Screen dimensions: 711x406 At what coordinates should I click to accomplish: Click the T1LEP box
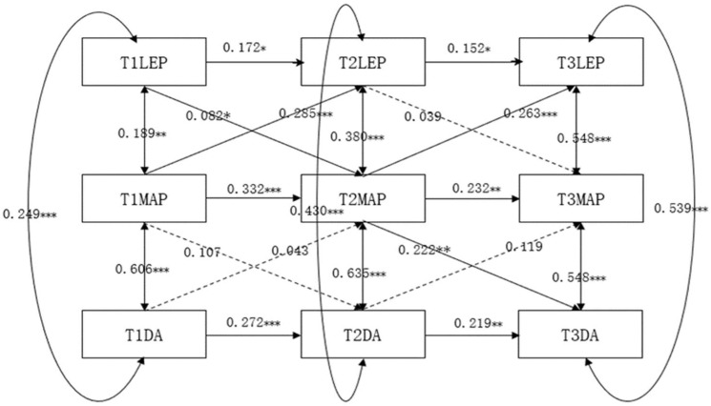pyautogui.click(x=144, y=62)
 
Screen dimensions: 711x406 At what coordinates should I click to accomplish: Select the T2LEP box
pyautogui.click(x=364, y=62)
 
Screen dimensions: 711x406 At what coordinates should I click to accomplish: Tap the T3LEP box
pyautogui.click(x=581, y=62)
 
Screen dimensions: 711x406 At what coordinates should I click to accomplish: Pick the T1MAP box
pyautogui.click(x=144, y=198)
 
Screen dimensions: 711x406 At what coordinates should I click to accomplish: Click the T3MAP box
pyautogui.click(x=581, y=198)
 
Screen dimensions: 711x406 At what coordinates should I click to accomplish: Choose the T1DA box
pyautogui.click(x=144, y=334)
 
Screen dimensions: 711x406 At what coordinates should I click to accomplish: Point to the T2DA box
pyautogui.click(x=364, y=334)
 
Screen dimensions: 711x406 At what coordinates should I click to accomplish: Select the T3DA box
pyautogui.click(x=580, y=334)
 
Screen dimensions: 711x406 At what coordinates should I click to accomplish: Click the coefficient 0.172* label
pyautogui.click(x=244, y=48)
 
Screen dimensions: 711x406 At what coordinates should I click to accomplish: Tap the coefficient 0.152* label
pyautogui.click(x=469, y=48)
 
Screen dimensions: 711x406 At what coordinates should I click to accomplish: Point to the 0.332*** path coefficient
pyautogui.click(x=254, y=190)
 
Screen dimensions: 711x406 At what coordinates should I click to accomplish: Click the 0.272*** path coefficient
pyautogui.click(x=253, y=323)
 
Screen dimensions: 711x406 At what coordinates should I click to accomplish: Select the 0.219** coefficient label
pyautogui.click(x=478, y=323)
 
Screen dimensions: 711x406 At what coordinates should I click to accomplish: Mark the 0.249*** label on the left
pyautogui.click(x=30, y=213)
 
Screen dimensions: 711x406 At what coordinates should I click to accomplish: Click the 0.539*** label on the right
pyautogui.click(x=681, y=208)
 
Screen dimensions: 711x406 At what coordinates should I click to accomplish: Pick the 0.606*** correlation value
pyautogui.click(x=142, y=270)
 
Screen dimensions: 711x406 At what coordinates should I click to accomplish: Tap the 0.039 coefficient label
pyautogui.click(x=423, y=117)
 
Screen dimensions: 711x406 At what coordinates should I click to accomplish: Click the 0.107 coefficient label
pyautogui.click(x=202, y=253)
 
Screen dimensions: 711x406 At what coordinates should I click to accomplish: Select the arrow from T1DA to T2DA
pyautogui.click(x=254, y=335)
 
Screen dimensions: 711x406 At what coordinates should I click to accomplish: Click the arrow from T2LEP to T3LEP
pyautogui.click(x=472, y=62)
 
